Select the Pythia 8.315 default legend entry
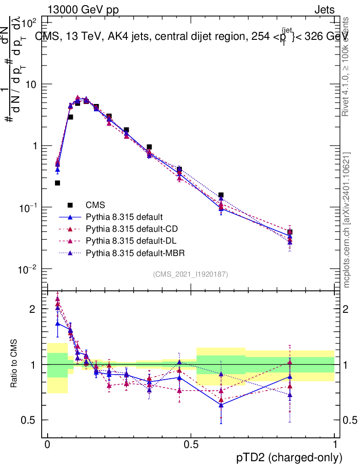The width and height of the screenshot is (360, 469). point(124,217)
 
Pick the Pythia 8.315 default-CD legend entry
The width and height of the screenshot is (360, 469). point(130,229)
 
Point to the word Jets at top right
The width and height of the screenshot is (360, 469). point(324,10)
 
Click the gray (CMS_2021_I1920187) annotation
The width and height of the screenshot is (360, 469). point(191,274)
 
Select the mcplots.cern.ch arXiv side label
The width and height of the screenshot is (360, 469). point(347,220)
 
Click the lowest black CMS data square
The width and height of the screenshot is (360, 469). point(57,183)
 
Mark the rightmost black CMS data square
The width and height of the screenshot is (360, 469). point(290,232)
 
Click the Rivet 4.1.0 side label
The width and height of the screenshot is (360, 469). point(347,66)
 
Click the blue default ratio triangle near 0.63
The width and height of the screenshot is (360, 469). point(221,405)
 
